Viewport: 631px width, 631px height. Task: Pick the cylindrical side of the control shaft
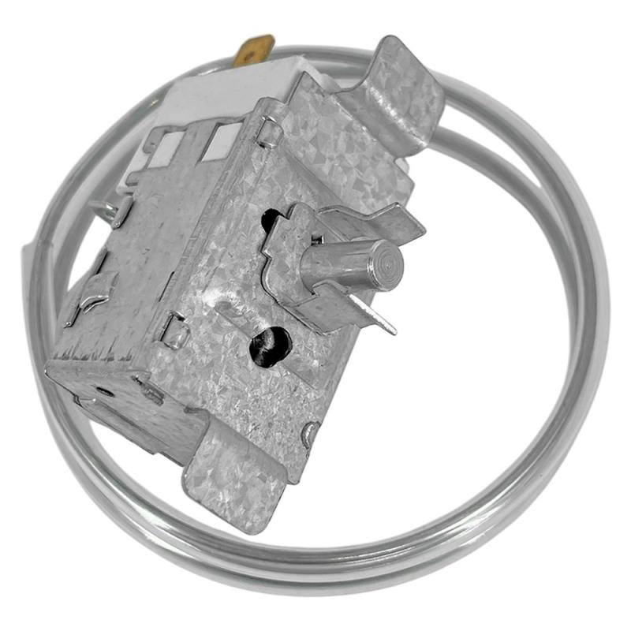click(339, 264)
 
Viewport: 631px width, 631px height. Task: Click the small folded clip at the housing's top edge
click(268, 129)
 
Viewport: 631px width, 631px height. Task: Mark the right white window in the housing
click(222, 140)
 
